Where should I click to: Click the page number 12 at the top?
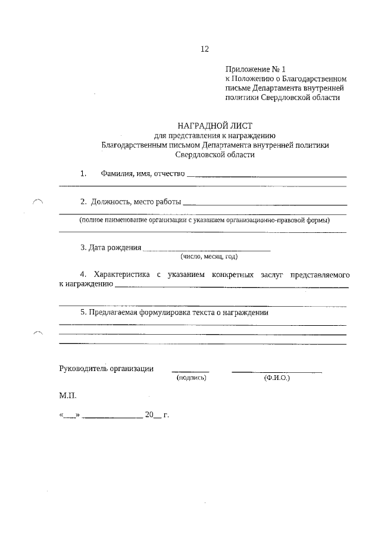point(204,49)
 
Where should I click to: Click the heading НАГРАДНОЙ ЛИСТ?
point(215,126)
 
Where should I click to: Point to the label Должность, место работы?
point(136,202)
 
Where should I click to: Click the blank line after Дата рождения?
point(207,249)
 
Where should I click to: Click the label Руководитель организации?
point(107,368)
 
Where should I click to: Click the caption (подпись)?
point(191,378)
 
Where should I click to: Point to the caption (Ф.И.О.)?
point(276,378)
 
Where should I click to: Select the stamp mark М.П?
point(68,395)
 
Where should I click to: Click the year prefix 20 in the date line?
point(149,415)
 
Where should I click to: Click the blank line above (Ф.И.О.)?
point(277,372)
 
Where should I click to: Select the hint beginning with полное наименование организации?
point(205,220)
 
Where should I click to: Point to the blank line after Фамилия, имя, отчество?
point(267,176)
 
